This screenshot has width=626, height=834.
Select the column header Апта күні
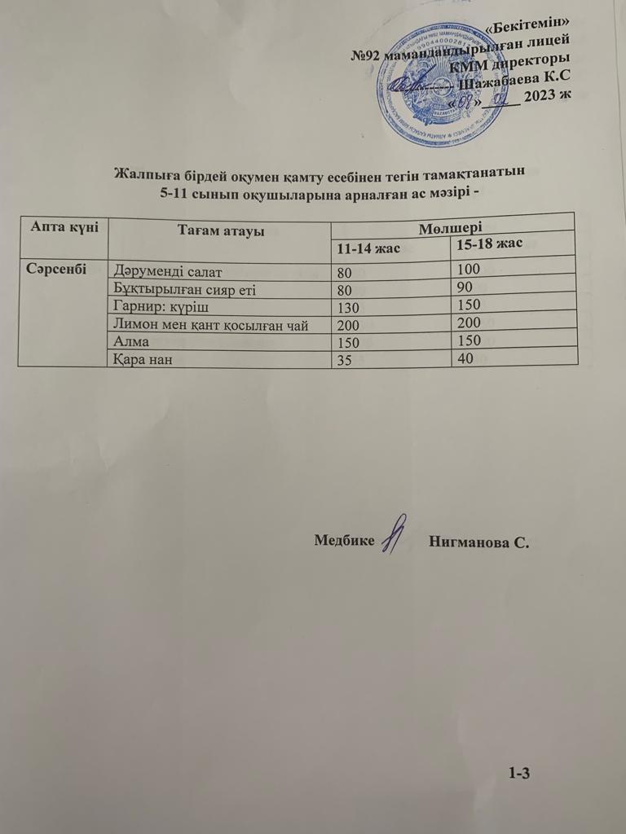[64, 228]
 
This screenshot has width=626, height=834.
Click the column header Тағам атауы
[220, 232]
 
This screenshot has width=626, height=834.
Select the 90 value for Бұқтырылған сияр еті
[465, 288]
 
